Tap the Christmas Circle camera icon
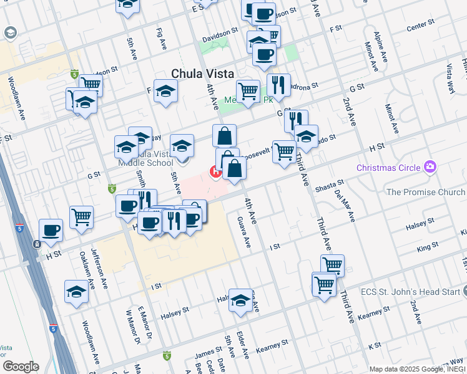pos(430,167)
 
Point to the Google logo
pos(21,367)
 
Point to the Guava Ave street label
pos(243,232)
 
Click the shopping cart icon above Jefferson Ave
pos(82,218)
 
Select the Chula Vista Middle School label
pos(145,158)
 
